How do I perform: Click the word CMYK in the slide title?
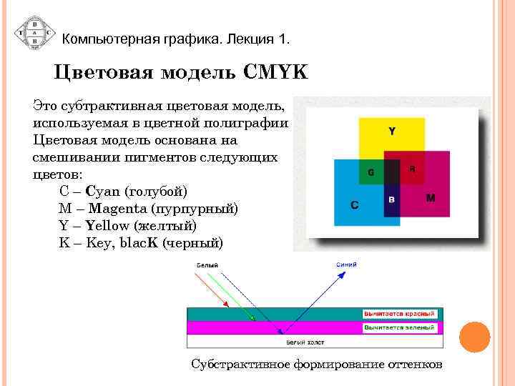coord(275,73)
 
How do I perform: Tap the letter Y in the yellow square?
coord(392,131)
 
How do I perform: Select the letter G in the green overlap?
coord(371,172)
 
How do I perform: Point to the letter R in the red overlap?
coord(412,169)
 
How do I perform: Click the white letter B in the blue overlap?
coord(391,199)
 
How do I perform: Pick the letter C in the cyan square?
coord(354,205)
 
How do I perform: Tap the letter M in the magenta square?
coord(431,197)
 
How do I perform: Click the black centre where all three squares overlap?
coord(392,172)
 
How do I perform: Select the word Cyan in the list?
coord(103,192)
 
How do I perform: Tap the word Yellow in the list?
coord(102,226)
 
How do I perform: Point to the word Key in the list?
coord(98,243)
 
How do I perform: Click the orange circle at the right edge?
coord(474,337)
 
